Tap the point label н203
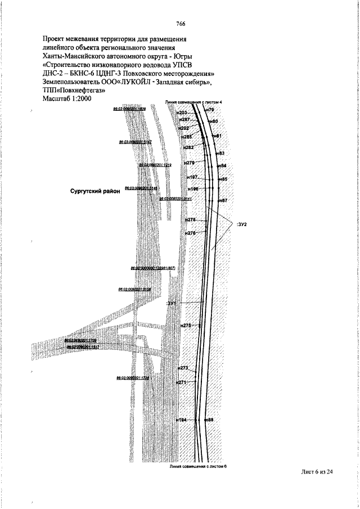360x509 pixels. [x=185, y=113]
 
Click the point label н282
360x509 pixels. [x=188, y=147]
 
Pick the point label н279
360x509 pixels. [x=189, y=163]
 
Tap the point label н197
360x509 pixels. [x=192, y=177]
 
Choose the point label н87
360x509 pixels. [x=223, y=200]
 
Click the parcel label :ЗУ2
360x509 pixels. [x=243, y=223]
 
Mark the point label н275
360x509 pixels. [x=186, y=326]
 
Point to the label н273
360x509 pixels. [x=182, y=368]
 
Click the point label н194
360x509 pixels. [x=181, y=420]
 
